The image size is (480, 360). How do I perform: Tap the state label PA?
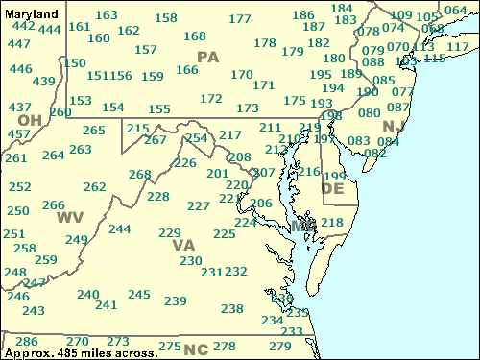208,58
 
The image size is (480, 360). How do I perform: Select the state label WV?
69,217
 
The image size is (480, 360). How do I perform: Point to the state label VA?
183,245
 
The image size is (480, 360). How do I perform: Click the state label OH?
30,119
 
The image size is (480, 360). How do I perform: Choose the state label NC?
196,348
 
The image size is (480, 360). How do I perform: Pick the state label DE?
332,189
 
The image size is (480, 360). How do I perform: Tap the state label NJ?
393,126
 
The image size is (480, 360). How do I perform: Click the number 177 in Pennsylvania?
240,19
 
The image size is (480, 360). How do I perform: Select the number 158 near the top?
166,18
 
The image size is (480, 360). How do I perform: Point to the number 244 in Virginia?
120,229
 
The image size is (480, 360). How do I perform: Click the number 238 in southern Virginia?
232,308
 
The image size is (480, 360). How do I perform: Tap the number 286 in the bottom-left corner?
27,342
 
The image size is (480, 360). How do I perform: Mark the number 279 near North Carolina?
279,346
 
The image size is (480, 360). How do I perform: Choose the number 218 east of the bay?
331,223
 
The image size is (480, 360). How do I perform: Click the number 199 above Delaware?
334,176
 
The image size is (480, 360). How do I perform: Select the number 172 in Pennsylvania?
211,98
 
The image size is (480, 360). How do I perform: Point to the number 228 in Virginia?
158,197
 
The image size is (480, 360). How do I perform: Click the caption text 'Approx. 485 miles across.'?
81,353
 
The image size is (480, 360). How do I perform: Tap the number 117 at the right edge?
459,47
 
